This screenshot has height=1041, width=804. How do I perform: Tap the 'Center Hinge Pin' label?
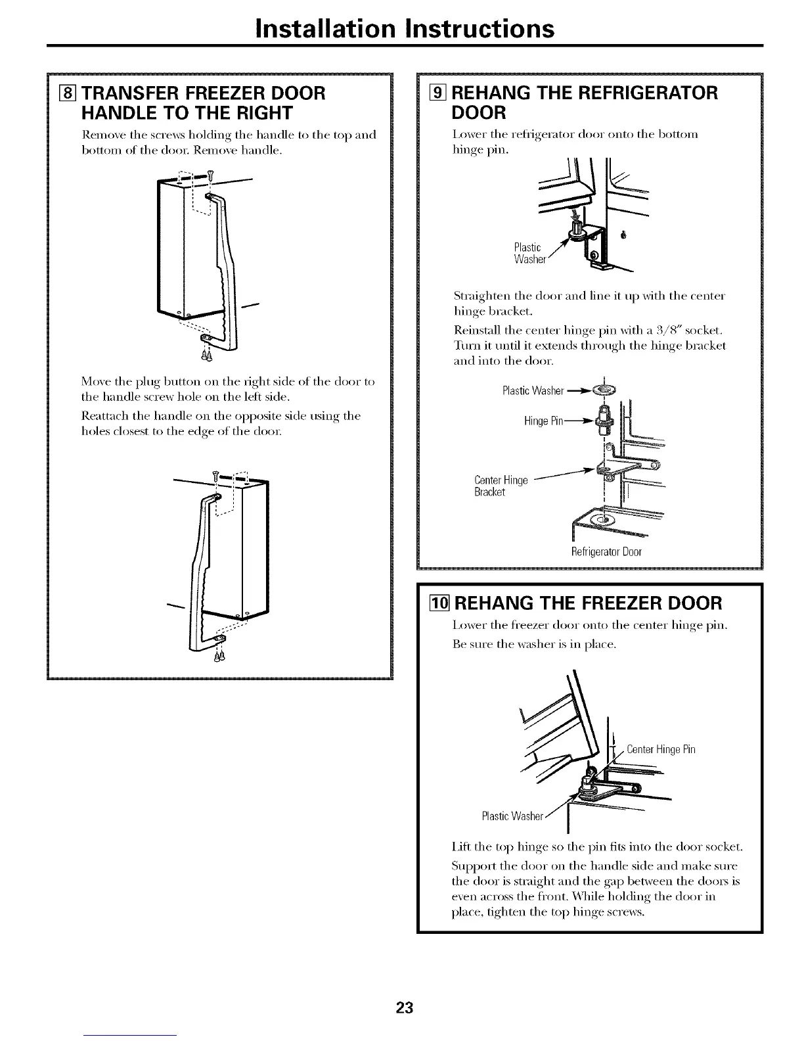pos(661,749)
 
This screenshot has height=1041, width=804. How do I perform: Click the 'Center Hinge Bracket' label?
pos(501,486)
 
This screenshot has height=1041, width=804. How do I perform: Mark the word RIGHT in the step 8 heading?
pos(259,113)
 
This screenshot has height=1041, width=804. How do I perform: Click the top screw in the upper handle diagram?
pos(210,174)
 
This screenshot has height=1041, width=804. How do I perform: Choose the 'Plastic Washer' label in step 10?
pos(512,817)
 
